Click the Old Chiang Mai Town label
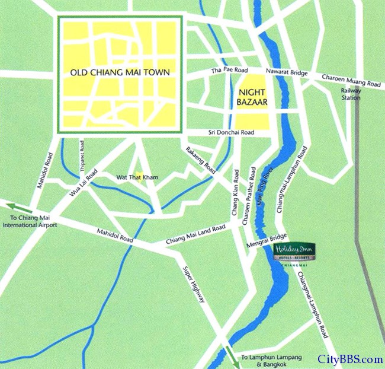tap(120, 72)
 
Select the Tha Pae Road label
tap(229, 70)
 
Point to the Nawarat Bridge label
tap(287, 72)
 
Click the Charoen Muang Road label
tap(351, 81)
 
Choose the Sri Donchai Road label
tap(231, 133)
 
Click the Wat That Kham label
tap(137, 177)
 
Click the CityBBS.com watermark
tap(351, 359)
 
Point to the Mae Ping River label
tap(267, 189)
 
